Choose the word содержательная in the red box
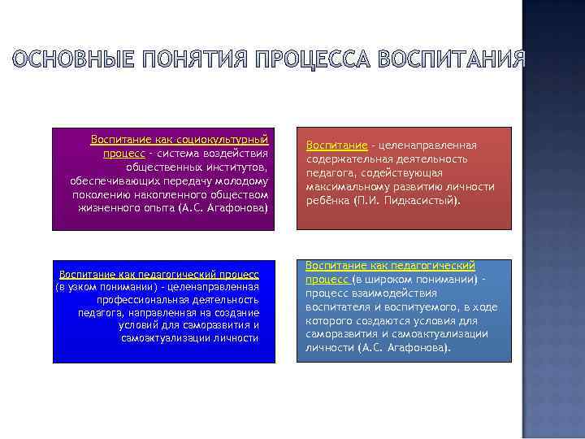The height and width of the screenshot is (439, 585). (345, 159)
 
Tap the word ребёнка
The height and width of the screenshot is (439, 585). (327, 200)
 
